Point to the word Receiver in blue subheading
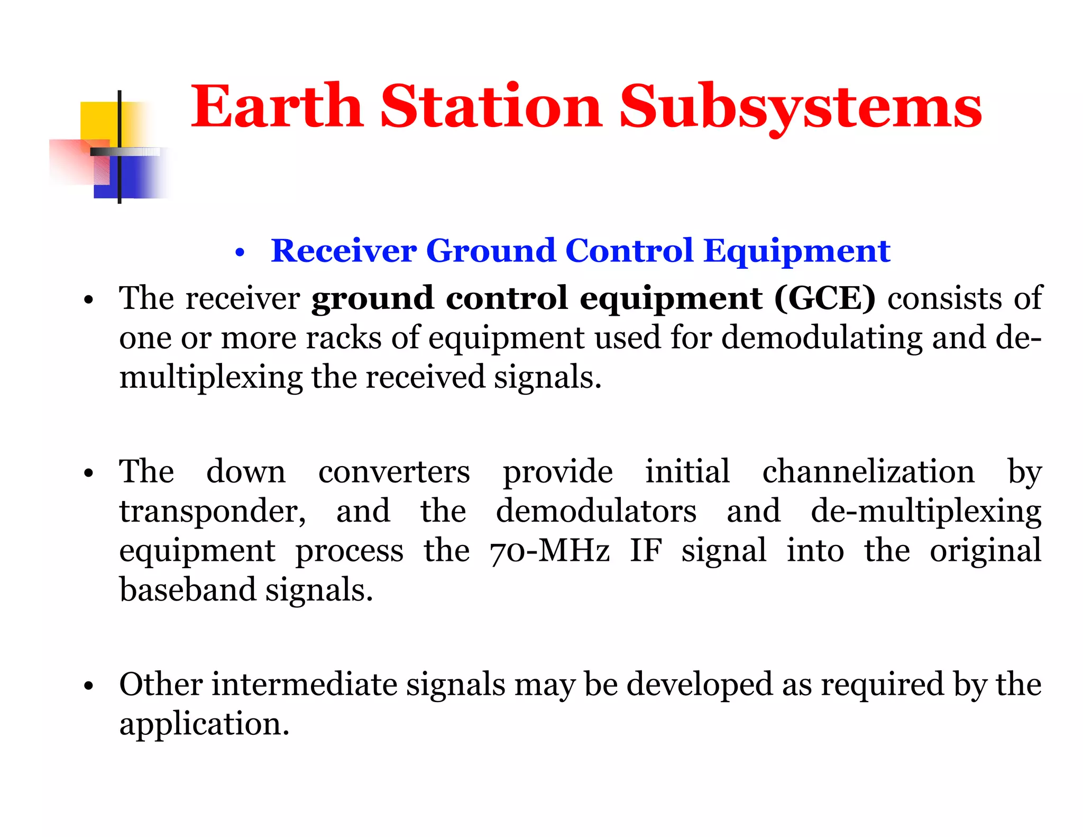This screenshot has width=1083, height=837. pos(343,251)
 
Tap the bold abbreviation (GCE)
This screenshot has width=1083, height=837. pos(824,298)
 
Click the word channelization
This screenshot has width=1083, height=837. pos(868,471)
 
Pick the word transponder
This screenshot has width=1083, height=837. pos(212,512)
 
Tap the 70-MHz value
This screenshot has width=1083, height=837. pos(549,551)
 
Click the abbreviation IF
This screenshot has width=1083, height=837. pos(645,551)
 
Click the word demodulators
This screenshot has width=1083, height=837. pos(596,512)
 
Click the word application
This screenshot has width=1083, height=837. pos(204,724)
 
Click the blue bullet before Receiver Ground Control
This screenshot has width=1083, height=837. pos(240,253)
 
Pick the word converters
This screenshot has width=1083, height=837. pos(393,471)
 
